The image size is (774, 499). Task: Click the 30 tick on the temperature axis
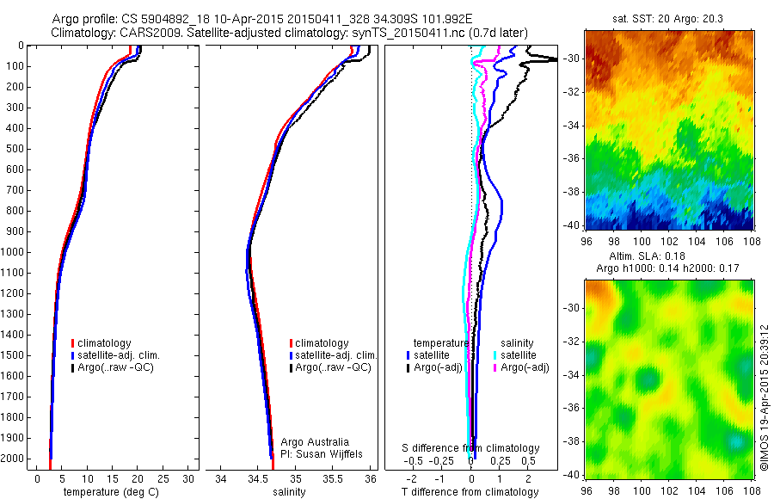(x=189, y=478)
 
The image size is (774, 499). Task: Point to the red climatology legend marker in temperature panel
(x=73, y=343)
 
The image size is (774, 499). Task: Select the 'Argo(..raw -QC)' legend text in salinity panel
(x=333, y=367)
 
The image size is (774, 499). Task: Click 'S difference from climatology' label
(x=470, y=448)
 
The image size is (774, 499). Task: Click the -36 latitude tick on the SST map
(x=573, y=157)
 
